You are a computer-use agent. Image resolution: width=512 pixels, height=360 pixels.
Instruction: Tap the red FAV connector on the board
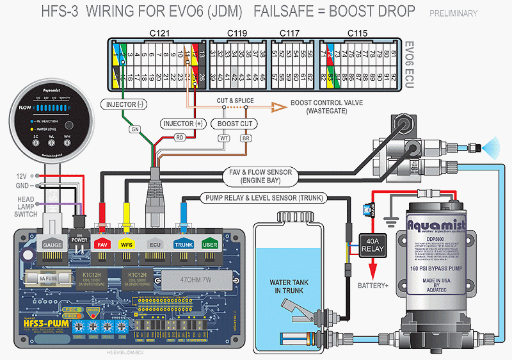102,244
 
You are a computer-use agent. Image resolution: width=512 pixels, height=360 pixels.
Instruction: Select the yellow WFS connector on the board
127,244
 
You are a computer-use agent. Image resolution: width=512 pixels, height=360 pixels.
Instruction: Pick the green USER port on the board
209,244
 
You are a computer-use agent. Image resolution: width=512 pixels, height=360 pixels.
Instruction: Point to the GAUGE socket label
51,245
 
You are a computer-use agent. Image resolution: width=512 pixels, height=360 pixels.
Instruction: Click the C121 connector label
157,32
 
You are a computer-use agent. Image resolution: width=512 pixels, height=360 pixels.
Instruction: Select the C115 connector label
357,32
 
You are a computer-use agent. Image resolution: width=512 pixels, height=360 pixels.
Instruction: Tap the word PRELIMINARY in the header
453,13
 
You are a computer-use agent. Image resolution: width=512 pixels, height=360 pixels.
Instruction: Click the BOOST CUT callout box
235,123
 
